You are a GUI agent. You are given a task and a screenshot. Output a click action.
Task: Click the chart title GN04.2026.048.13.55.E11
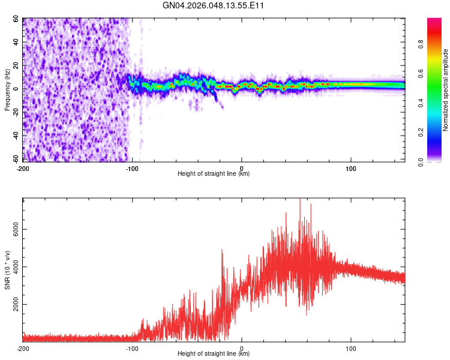tap(214, 6)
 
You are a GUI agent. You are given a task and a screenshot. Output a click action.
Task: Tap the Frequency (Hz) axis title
tap(7, 90)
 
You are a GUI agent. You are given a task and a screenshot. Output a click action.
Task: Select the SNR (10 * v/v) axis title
tap(7, 271)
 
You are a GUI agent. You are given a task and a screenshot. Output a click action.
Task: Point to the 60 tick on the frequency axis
tap(17, 19)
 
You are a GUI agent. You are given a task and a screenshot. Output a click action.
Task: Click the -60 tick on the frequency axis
tap(16, 159)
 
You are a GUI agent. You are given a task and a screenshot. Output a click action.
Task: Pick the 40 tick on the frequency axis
tap(17, 43)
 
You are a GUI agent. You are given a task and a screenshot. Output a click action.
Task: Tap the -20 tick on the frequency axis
tap(16, 112)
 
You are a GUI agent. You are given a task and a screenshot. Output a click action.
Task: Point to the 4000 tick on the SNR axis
tap(14, 267)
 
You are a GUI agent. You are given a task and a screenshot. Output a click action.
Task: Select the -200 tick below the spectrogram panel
tap(23, 168)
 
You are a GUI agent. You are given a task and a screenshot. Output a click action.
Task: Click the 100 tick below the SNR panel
tap(350, 348)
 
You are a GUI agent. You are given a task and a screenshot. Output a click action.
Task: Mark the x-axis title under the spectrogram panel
tap(214, 174)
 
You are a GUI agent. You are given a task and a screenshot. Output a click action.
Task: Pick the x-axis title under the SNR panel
tap(214, 354)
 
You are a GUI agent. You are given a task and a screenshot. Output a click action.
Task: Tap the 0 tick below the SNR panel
tap(241, 348)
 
